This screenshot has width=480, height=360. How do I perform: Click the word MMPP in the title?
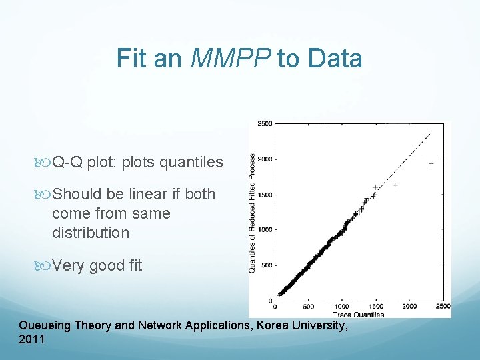[231, 59]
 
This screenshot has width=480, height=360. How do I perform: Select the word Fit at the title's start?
[131, 59]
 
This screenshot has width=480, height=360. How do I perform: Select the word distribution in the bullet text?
[90, 233]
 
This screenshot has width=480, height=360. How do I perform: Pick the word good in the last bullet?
[106, 265]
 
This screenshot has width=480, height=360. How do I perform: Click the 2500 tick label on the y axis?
[265, 125]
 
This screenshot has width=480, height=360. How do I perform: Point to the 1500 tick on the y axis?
[265, 195]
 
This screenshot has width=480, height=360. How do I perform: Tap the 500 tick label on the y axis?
[266, 265]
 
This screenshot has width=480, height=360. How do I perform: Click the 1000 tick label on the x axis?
[342, 307]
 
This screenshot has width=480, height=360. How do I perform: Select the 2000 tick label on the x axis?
[409, 307]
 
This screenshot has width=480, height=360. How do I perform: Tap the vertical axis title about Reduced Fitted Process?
[253, 213]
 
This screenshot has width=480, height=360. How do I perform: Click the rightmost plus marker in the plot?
[431, 163]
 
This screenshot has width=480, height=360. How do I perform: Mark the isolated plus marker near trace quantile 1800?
[395, 185]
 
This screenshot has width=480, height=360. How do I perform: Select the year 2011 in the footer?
[32, 339]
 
